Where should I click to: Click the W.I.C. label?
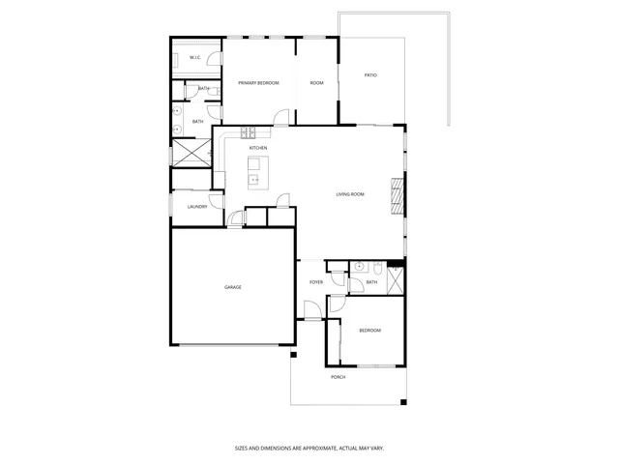(x=195, y=58)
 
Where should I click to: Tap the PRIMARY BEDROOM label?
(x=258, y=83)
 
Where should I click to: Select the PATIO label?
(x=370, y=75)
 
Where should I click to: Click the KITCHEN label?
(x=258, y=148)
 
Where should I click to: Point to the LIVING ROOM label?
(x=350, y=195)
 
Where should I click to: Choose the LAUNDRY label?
(x=197, y=206)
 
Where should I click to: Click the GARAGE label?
(x=233, y=287)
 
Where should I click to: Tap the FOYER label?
(x=316, y=282)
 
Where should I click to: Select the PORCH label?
(x=339, y=377)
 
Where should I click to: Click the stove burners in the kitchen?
(x=248, y=132)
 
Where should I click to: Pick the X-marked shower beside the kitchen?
(x=192, y=153)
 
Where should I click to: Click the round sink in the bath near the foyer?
(x=358, y=266)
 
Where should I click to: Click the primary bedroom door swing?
(x=280, y=119)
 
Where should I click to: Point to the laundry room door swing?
(x=234, y=218)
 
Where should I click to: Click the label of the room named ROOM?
(x=316, y=83)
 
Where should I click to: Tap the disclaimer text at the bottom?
(x=309, y=448)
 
